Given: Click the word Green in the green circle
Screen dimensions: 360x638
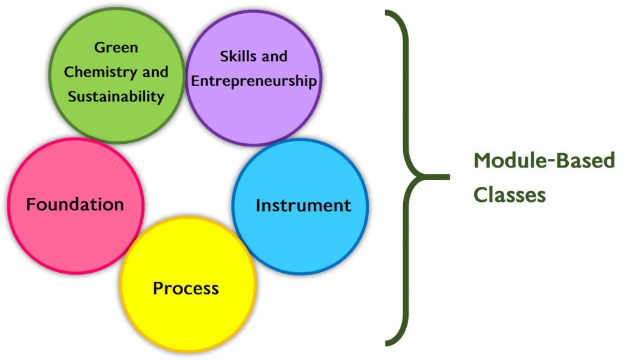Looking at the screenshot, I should tap(116, 48).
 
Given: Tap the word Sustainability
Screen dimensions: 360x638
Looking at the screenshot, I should tap(116, 97).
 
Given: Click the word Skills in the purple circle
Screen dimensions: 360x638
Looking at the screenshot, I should tap(239, 57).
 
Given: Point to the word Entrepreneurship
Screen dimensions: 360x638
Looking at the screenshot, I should tap(254, 82).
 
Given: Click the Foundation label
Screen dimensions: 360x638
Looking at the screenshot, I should tap(75, 204).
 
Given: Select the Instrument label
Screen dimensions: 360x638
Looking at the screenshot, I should tap(303, 206).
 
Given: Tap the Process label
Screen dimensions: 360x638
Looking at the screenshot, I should tap(186, 288).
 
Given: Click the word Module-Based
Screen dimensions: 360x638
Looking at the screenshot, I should tap(544, 161).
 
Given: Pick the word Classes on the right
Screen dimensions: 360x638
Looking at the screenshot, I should tap(510, 194).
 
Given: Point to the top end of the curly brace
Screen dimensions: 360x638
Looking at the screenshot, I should tap(388, 12).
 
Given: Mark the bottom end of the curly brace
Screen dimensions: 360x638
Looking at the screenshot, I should tap(388, 342).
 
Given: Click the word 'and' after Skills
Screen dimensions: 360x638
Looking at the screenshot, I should tap(274, 57).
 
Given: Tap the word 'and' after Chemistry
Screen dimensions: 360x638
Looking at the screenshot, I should tap(155, 72).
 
